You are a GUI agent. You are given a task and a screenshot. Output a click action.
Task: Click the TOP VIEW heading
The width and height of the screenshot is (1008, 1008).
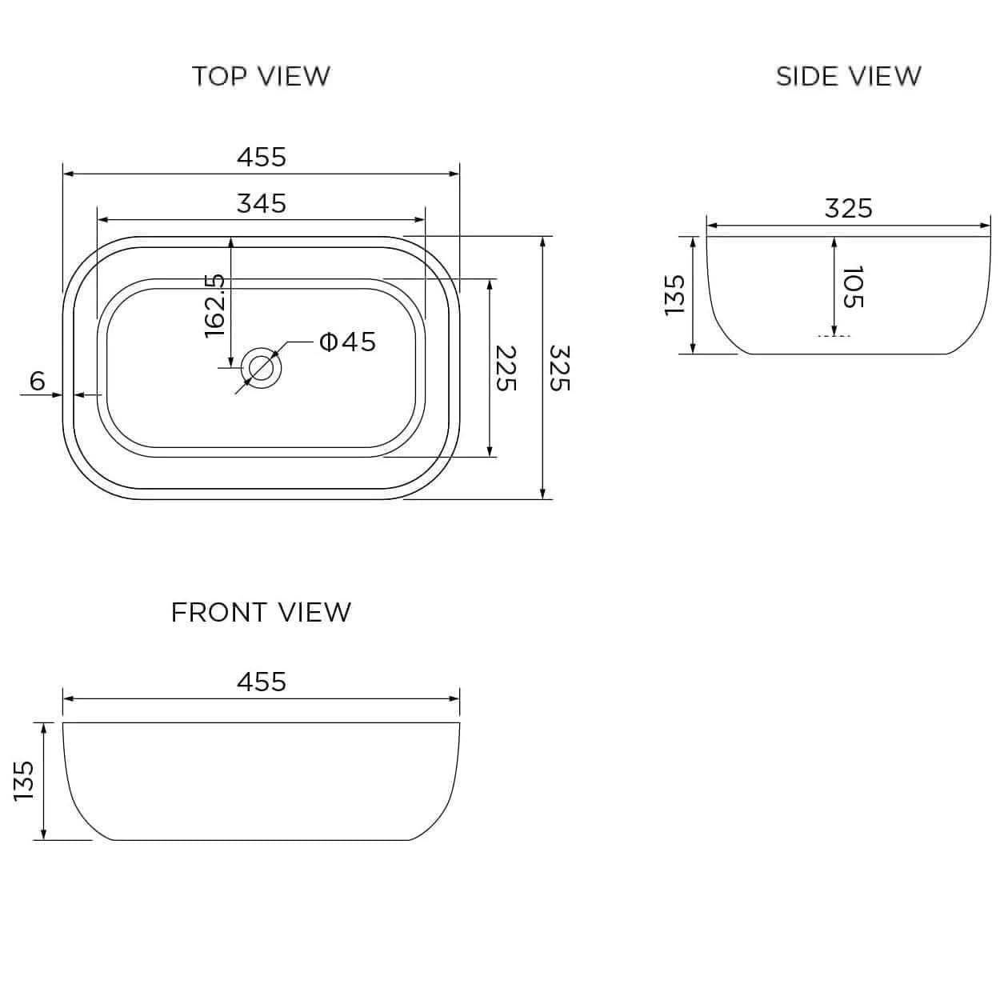click(x=261, y=76)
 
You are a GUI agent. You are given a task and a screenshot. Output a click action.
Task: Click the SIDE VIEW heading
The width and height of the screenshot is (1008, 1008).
click(x=848, y=76)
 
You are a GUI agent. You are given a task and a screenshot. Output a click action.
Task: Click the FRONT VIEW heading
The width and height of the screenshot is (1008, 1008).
click(x=261, y=612)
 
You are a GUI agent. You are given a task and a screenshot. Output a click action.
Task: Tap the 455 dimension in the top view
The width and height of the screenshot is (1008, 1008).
click(x=261, y=157)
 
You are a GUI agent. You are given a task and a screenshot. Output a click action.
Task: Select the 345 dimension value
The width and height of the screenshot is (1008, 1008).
click(x=261, y=203)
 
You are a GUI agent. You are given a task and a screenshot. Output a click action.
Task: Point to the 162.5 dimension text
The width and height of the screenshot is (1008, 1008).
click(x=215, y=305)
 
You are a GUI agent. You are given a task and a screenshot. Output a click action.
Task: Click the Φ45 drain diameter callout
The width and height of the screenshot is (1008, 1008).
click(x=347, y=342)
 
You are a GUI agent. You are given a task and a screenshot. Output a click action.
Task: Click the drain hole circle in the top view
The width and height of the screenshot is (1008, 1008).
click(x=261, y=368)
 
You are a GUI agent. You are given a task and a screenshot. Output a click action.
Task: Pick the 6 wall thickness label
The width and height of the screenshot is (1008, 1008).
click(x=38, y=382)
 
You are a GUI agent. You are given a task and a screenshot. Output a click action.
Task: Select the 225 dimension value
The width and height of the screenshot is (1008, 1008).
click(x=506, y=368)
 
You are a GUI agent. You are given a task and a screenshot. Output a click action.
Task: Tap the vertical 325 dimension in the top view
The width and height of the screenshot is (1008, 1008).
click(x=560, y=368)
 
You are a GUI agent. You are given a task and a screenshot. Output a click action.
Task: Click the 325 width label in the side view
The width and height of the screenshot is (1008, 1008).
click(x=848, y=208)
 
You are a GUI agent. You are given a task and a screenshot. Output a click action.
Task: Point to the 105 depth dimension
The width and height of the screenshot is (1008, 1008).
click(x=853, y=286)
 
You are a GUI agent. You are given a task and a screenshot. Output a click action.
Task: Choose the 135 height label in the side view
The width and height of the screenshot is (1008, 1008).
click(x=676, y=294)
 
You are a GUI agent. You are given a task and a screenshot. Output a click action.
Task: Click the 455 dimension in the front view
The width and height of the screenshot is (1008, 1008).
click(x=261, y=682)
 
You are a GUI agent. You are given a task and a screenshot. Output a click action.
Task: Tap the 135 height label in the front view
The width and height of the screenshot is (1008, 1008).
click(x=24, y=781)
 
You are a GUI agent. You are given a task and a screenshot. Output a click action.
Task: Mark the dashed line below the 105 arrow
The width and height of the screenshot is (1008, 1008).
click(x=834, y=336)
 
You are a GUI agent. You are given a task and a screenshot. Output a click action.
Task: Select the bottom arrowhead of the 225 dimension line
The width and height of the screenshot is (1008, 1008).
click(x=490, y=452)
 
